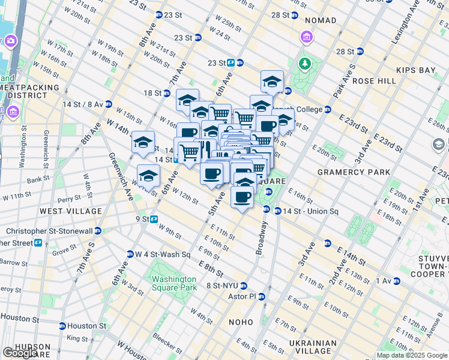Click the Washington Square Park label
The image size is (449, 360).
pos(174,283)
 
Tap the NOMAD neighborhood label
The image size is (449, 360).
pos(321,21)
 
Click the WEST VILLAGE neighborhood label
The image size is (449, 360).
pos(71,211)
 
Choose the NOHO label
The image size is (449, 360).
pos(241,322)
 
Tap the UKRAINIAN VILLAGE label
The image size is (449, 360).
pos(312,348)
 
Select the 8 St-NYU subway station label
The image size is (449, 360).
pos(223,286)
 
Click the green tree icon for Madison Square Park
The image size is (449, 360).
pos(306,63)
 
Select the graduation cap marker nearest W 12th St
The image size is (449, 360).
pos(148,175)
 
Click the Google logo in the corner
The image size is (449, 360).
pos(20,353)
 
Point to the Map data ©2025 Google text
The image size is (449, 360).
pos(412,355)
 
